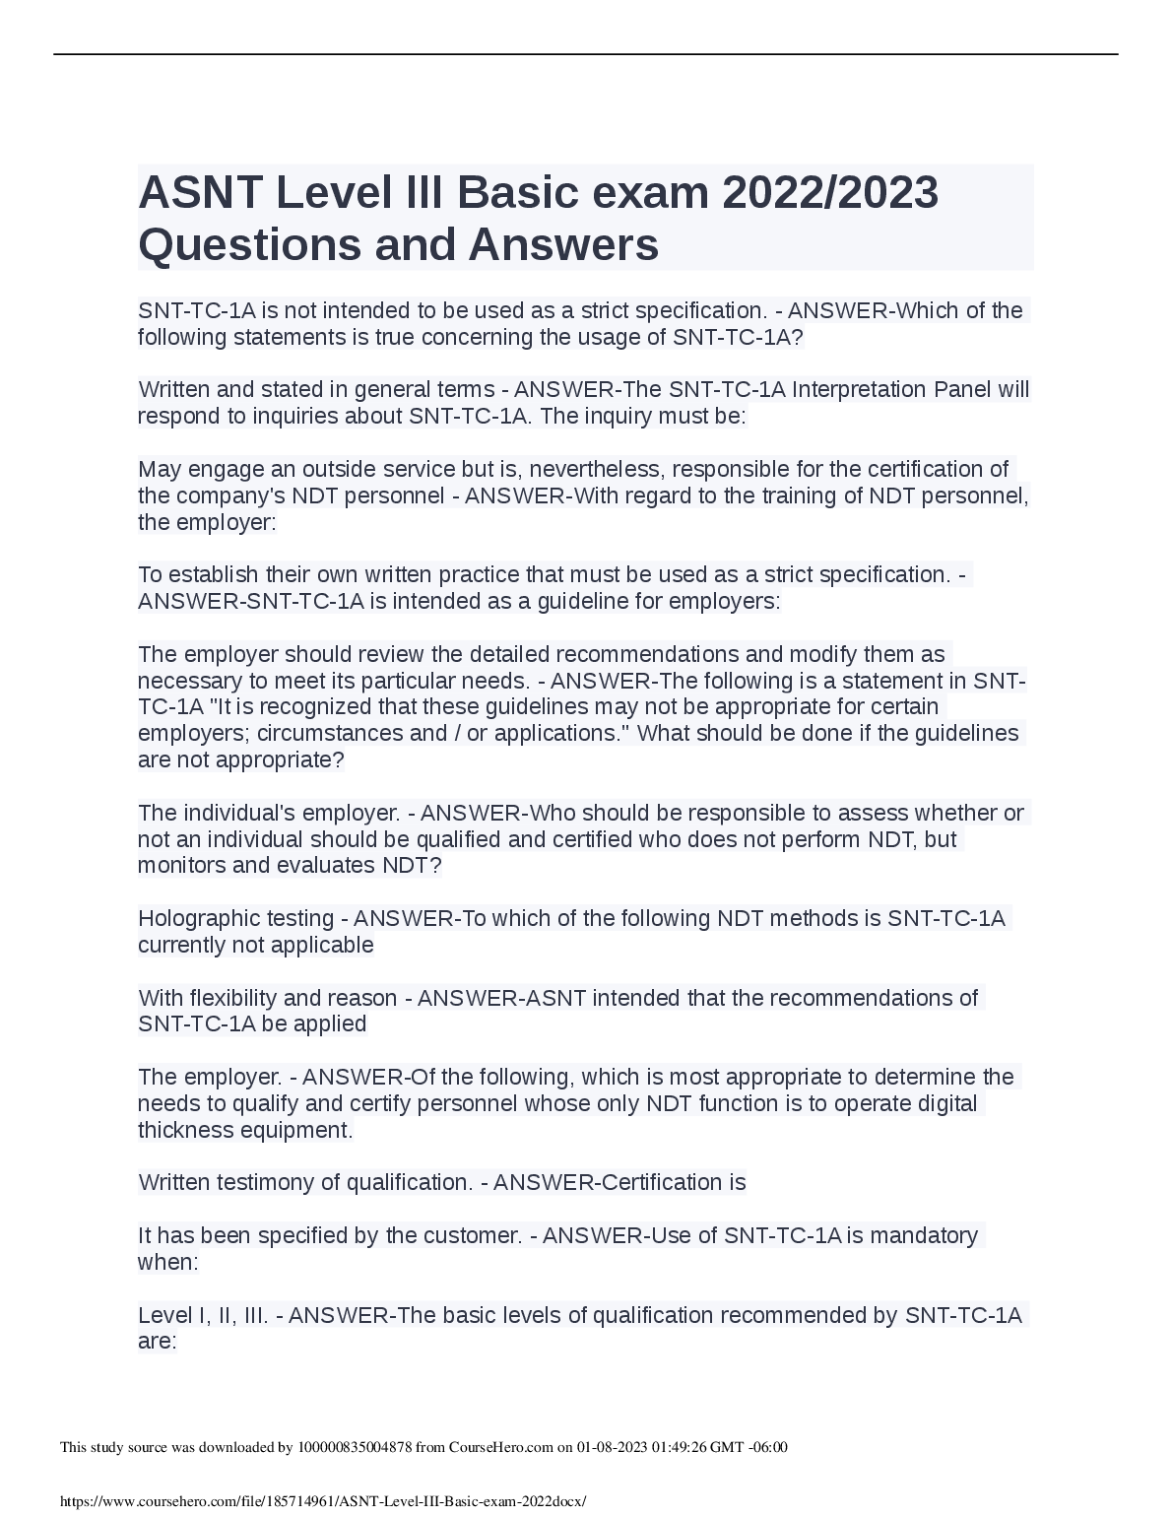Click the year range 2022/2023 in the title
(x=829, y=193)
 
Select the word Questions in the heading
(x=248, y=244)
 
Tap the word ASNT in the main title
(x=200, y=193)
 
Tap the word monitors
(x=180, y=866)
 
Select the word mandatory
(x=924, y=1235)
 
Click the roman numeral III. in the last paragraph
(x=251, y=1315)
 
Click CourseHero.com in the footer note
(x=500, y=1447)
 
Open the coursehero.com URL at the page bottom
(x=323, y=1501)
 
